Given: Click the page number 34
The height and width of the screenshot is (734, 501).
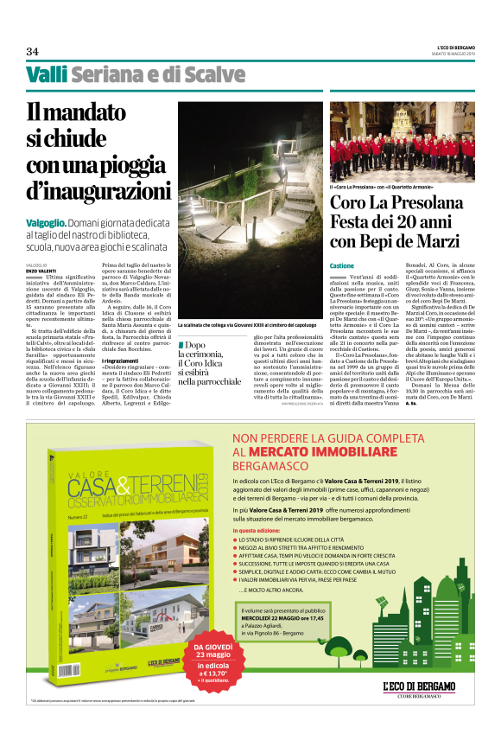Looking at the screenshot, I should tap(32, 50).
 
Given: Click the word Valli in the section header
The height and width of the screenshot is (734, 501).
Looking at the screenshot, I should tap(46, 75).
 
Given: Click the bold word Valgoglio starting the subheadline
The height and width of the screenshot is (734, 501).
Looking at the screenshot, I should tap(49, 222).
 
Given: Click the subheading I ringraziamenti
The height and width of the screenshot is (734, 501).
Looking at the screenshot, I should tap(125, 359).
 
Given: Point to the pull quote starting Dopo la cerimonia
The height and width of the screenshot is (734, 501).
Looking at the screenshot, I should tap(209, 362).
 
